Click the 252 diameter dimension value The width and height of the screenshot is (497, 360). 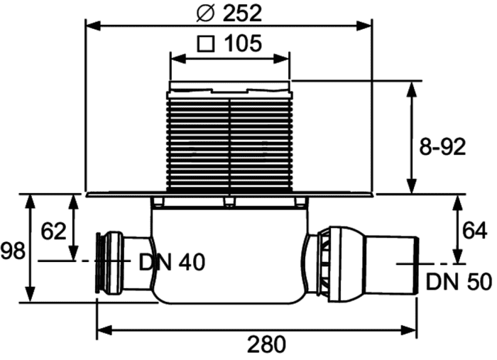242,13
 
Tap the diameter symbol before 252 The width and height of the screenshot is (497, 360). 206,13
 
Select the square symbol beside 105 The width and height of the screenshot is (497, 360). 206,44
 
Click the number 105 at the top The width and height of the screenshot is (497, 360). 243,43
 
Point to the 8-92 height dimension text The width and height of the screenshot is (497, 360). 443,146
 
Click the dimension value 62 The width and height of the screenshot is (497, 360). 53,231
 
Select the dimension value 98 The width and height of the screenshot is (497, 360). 12,251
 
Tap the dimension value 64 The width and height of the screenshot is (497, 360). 474,230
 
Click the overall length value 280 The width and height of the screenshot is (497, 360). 266,344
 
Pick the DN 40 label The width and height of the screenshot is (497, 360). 172,262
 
